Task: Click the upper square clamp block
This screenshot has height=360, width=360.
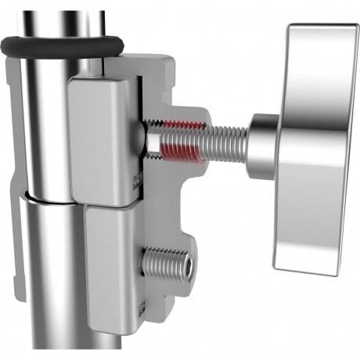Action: coord(102,141)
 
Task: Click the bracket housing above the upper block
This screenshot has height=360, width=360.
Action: coord(149,67)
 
